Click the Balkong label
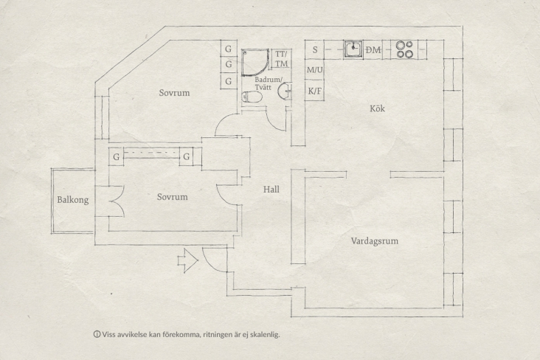(72, 200)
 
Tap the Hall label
(271, 190)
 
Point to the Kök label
(377, 109)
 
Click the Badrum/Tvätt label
(263, 83)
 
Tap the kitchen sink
(354, 49)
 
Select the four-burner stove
(404, 49)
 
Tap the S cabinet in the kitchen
(315, 50)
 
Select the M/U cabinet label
(315, 70)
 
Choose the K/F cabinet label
(315, 91)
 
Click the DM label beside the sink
(373, 49)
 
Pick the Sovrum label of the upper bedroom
(174, 93)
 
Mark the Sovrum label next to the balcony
(173, 197)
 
